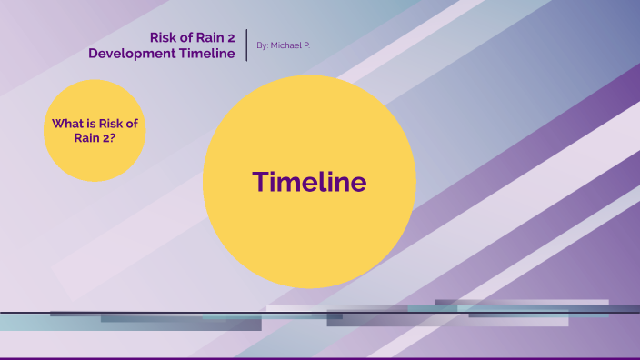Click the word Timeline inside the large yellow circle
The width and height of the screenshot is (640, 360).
click(310, 182)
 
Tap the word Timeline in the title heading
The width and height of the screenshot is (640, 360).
click(211, 54)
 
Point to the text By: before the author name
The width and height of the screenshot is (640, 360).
click(263, 45)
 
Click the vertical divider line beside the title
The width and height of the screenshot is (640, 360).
click(247, 45)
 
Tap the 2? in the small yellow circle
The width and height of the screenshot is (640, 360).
click(106, 139)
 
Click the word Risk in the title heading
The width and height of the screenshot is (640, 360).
click(165, 37)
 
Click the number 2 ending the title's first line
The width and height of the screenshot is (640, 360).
click(233, 37)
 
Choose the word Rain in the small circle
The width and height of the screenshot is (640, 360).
click(86, 139)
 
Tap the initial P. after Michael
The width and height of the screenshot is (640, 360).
click(305, 45)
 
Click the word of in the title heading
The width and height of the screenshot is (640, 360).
click(187, 37)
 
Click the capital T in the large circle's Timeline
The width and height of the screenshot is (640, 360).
click(259, 182)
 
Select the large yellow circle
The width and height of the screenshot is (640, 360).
click(309, 236)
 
